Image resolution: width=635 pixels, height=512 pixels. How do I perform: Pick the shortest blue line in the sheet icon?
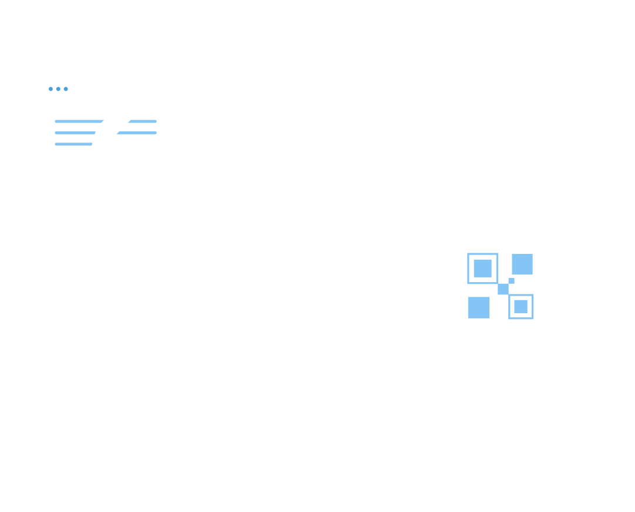(73, 144)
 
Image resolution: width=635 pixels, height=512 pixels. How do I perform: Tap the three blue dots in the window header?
(58, 89)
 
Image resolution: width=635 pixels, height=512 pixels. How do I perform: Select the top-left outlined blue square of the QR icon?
(482, 269)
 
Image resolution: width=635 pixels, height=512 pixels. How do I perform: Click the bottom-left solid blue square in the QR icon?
(479, 307)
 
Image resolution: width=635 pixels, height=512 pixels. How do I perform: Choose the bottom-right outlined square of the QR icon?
(521, 306)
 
